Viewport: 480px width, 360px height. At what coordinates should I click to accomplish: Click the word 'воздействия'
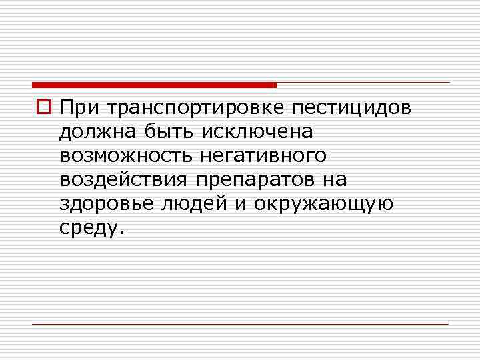125,180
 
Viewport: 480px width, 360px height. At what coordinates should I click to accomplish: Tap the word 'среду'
89,229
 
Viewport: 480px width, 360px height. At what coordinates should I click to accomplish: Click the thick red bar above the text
154,85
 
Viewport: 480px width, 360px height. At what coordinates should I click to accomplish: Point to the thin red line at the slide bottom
240,325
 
